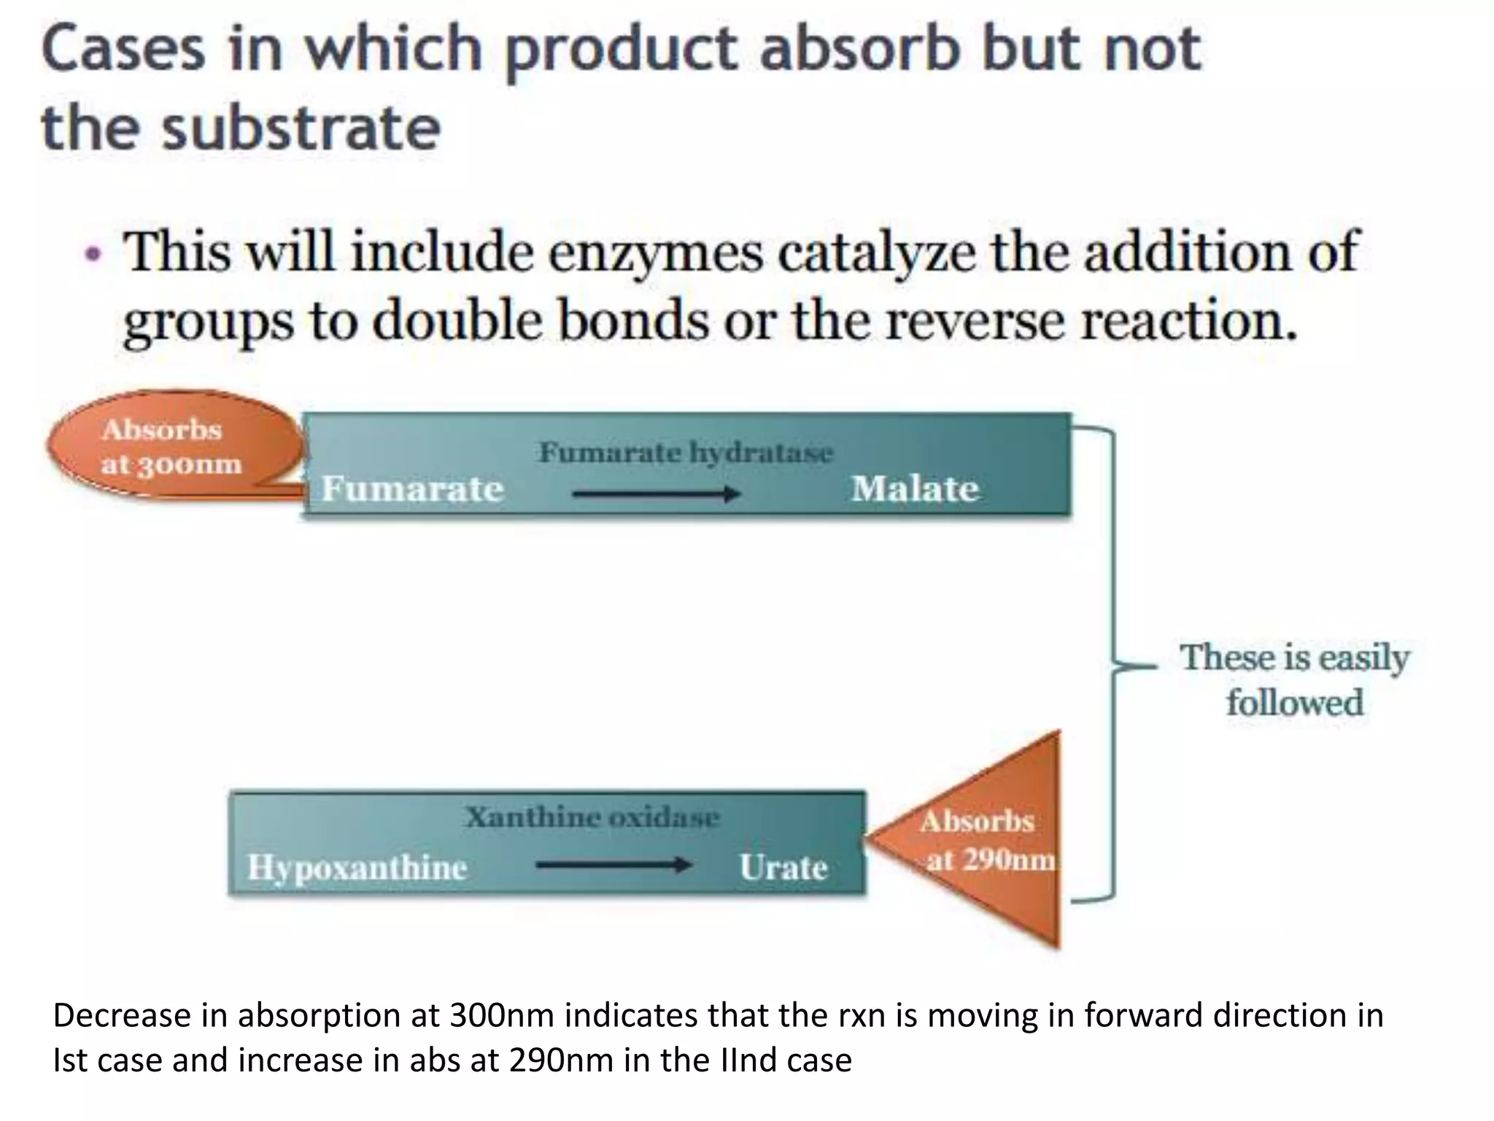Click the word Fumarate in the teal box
coord(413,488)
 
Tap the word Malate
coord(915,488)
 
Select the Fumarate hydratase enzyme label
coord(686,452)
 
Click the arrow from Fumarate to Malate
coord(656,494)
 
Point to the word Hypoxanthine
coord(357,867)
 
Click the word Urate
coord(783,867)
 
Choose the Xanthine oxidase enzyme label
coord(592,817)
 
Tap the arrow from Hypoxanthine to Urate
coord(614,866)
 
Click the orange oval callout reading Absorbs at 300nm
coord(172,446)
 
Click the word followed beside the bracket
coord(1294,703)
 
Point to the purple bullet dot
coord(93,255)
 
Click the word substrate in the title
coord(301,128)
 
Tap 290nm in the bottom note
coord(562,1060)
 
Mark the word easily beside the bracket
coord(1364,658)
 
